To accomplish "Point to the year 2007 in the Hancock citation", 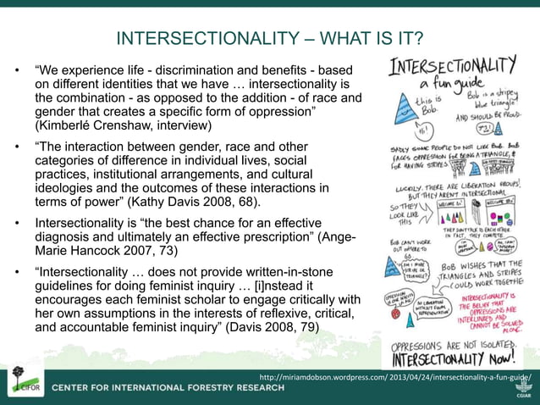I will point(153,252).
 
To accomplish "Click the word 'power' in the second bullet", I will point(106,202).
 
